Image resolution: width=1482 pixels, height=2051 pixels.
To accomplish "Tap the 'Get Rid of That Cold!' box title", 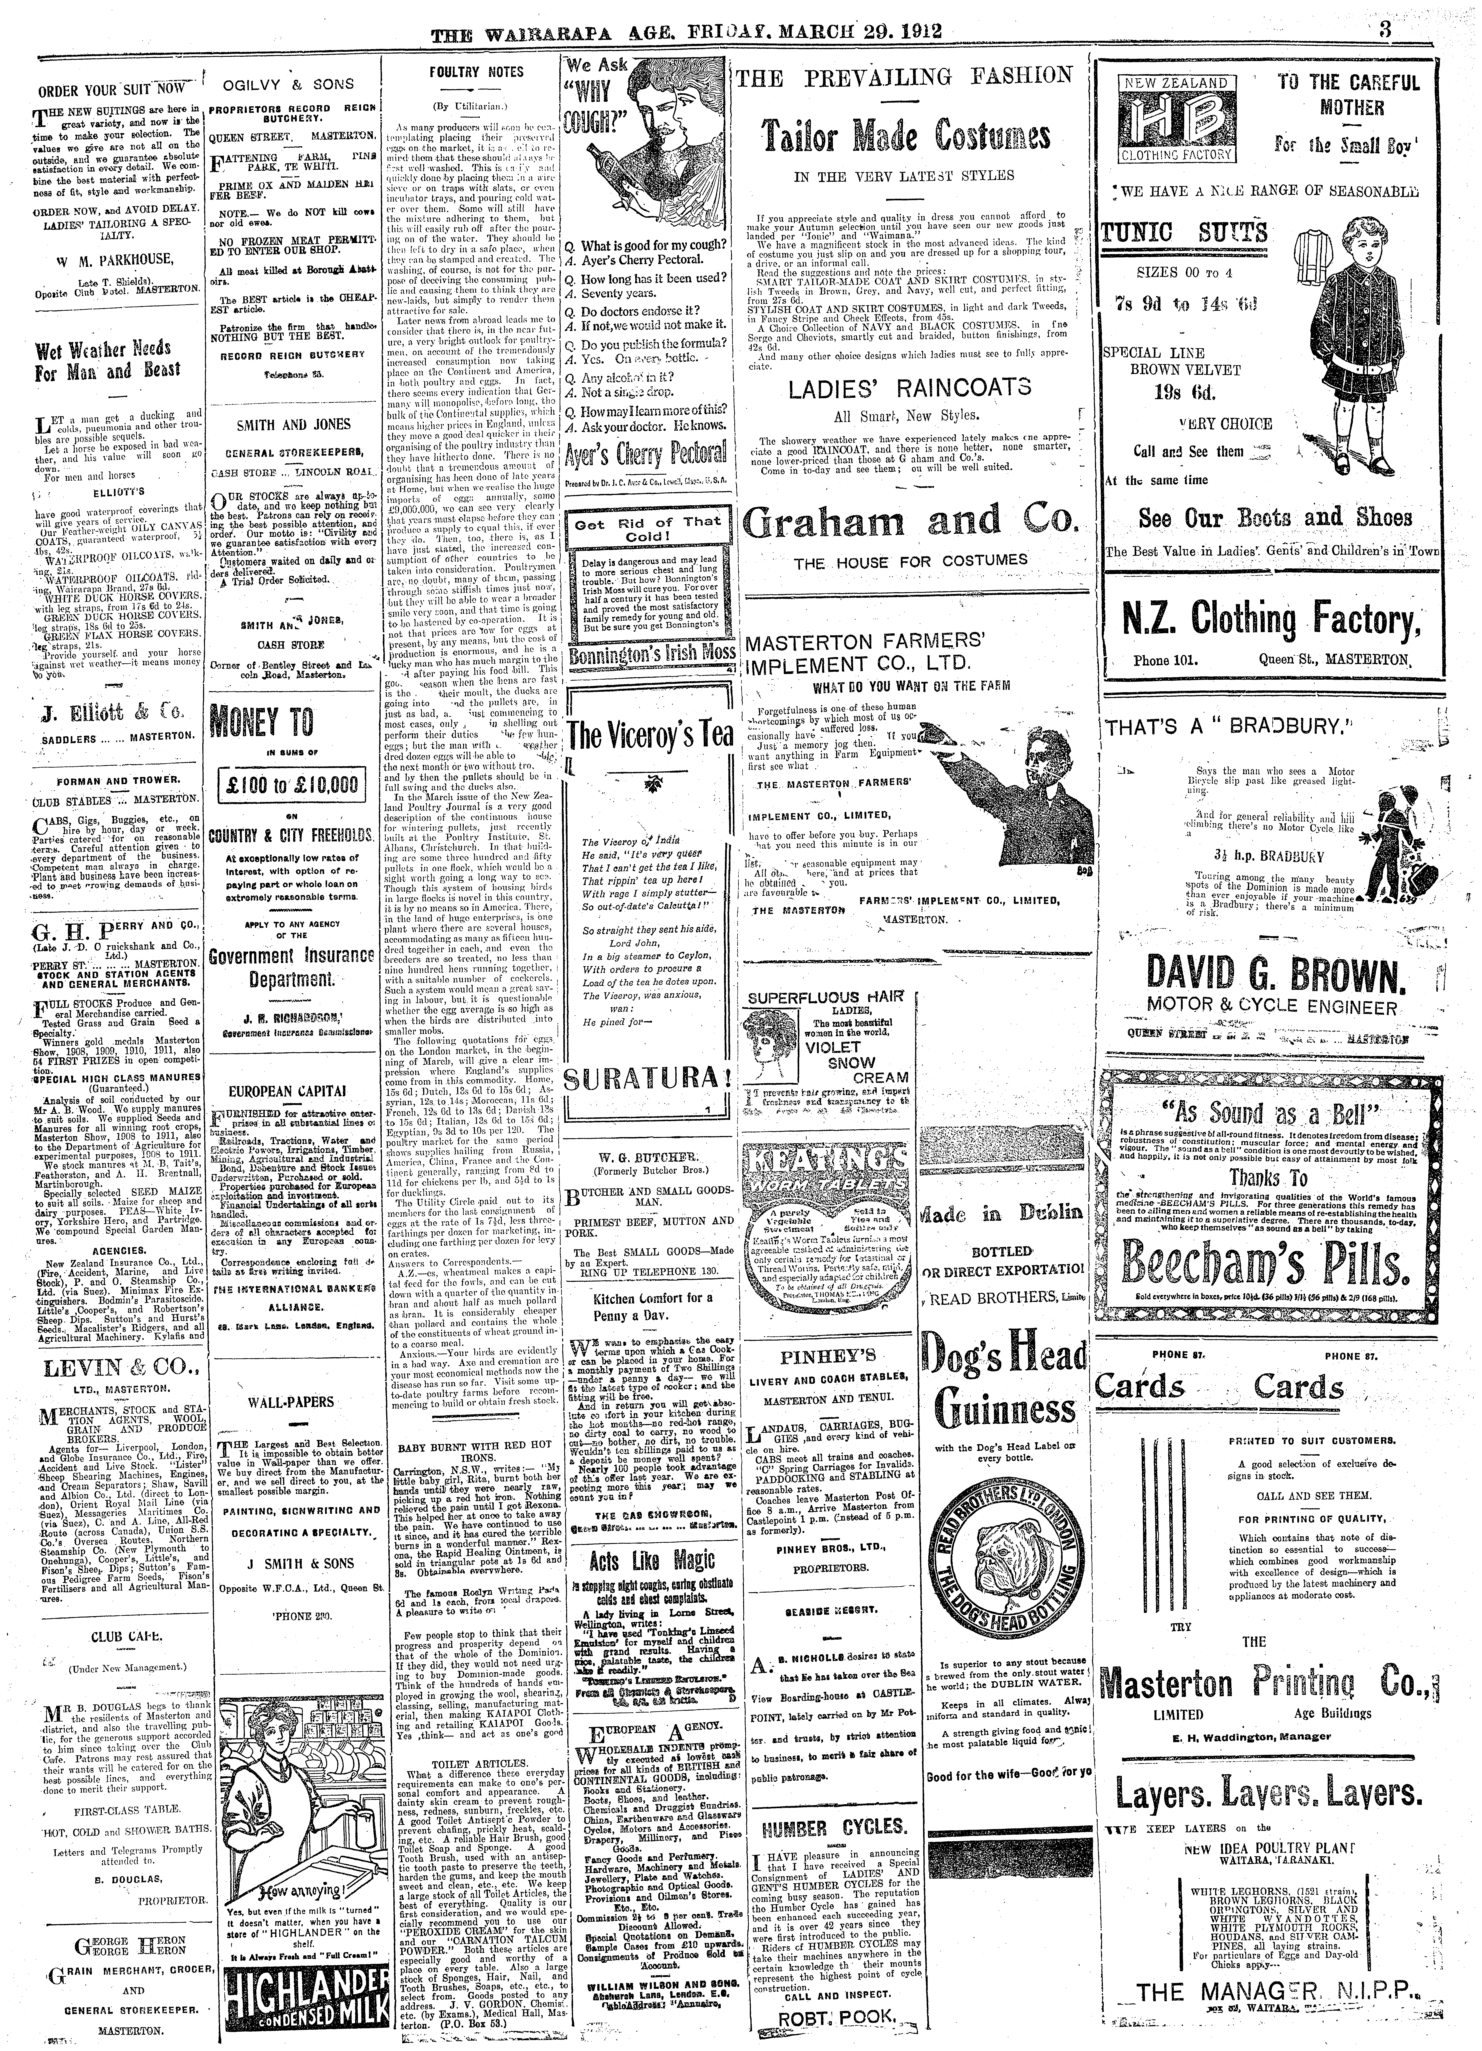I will pos(646,530).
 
